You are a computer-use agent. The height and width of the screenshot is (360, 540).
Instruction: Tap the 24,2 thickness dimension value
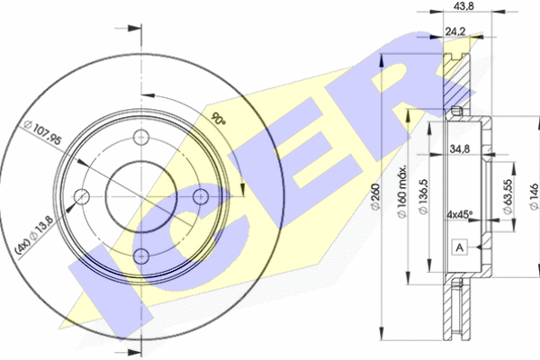(455, 31)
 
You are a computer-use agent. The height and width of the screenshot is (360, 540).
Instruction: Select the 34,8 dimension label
(460, 148)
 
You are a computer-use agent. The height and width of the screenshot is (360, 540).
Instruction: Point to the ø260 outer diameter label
(375, 196)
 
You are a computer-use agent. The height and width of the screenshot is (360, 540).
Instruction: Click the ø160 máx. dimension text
(402, 191)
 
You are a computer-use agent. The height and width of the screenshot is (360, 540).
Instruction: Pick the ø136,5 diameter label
(423, 196)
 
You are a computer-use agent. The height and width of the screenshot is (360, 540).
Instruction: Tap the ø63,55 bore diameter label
(508, 196)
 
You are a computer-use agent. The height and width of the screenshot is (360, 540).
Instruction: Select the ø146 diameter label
(534, 196)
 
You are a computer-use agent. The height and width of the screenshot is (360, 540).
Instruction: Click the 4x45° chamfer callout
(460, 214)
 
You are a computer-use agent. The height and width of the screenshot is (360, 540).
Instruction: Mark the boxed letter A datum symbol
(460, 247)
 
